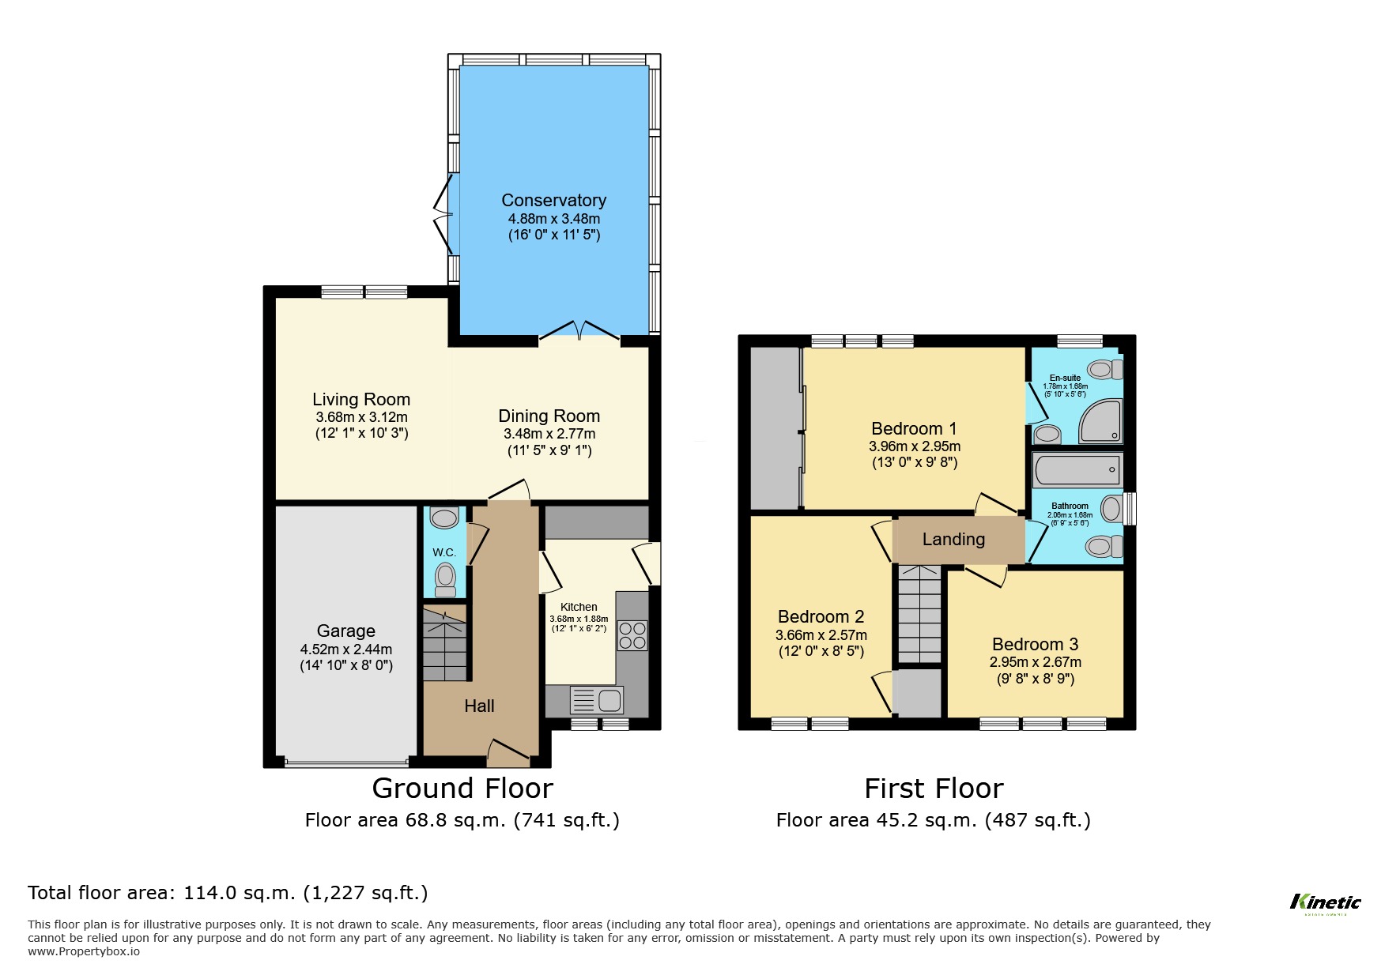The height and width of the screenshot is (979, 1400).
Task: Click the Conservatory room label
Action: point(553,201)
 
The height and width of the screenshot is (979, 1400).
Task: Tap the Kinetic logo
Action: point(1325,902)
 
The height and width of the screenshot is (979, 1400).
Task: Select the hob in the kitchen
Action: point(632,635)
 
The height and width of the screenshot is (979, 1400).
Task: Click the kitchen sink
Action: point(597,700)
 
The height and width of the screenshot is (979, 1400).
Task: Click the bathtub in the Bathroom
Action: point(1077,470)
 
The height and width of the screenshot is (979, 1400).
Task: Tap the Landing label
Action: point(953,540)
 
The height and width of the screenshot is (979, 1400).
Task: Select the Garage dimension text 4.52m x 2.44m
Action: point(345,650)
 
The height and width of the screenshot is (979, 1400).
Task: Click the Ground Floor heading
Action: point(462,788)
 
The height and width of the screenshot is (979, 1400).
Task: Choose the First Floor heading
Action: point(933,788)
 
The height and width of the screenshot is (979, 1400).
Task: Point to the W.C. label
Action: point(444,552)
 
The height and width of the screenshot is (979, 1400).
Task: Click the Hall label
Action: point(479,706)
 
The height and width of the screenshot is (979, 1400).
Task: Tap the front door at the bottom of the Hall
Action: point(508,753)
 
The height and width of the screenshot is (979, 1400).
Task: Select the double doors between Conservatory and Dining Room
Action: point(579,332)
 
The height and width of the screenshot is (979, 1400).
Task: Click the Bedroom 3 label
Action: point(1035,644)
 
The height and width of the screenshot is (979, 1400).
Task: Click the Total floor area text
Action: point(228,893)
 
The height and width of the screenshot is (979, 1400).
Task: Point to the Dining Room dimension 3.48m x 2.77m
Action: point(549,434)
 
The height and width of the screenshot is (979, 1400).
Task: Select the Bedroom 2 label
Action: point(821,616)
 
